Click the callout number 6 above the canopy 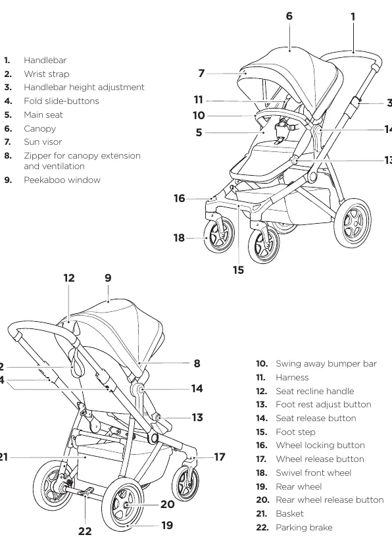[289, 16]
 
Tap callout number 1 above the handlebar [353, 16]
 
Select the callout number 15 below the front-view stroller [238, 270]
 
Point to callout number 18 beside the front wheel [179, 238]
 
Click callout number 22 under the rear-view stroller [85, 531]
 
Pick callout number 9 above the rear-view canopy [108, 278]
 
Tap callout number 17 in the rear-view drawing [220, 457]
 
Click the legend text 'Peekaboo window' [62, 180]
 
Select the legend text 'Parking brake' [304, 527]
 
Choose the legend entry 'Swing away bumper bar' [326, 364]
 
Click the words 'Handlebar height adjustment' [84, 88]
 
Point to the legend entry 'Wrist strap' [47, 74]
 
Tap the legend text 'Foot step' [295, 432]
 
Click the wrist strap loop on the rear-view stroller [76, 372]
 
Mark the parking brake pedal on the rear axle [87, 492]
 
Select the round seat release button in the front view [316, 130]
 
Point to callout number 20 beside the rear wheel [168, 505]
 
